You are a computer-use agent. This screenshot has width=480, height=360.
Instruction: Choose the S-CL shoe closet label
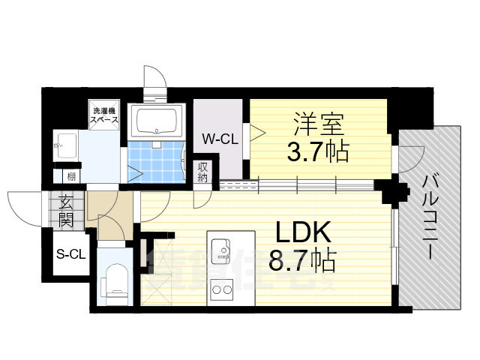point(70,254)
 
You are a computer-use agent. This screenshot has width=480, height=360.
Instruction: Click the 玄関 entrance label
point(66,210)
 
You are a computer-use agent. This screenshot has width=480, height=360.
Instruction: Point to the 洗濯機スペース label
point(103,114)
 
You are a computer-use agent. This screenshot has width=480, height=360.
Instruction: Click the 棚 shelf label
point(70,176)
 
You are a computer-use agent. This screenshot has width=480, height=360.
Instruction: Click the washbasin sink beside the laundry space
point(65,145)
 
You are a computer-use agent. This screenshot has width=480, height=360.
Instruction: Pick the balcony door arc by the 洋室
point(409,157)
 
